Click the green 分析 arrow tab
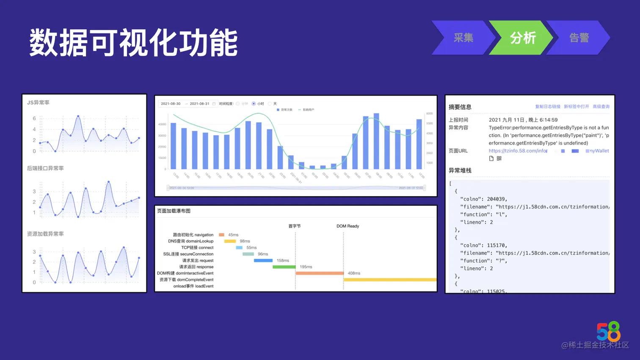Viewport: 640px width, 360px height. (x=522, y=38)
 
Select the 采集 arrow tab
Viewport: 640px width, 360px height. (x=463, y=38)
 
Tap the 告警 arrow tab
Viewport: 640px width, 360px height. (x=579, y=38)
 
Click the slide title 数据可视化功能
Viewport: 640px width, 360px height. (x=133, y=43)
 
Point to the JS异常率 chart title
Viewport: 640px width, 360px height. (x=38, y=102)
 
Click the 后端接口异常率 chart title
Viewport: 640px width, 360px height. (x=45, y=168)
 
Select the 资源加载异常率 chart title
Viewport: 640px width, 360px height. (x=45, y=234)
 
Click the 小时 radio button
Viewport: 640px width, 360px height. (x=254, y=104)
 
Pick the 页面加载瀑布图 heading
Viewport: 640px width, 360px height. (x=174, y=211)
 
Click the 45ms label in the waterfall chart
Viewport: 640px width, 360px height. (x=233, y=235)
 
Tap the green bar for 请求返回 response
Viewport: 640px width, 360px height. (x=284, y=267)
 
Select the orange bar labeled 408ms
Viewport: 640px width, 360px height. (x=319, y=273)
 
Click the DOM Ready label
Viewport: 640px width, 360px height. (x=348, y=226)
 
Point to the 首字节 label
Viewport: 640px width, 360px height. (x=295, y=226)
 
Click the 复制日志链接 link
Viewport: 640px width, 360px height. (x=547, y=107)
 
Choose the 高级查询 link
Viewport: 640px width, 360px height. (x=601, y=107)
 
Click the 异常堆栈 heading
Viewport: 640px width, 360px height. (x=460, y=170)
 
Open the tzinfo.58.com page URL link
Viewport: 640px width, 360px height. (x=518, y=151)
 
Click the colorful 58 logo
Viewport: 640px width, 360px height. (x=608, y=331)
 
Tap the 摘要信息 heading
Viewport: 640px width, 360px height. (x=460, y=107)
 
